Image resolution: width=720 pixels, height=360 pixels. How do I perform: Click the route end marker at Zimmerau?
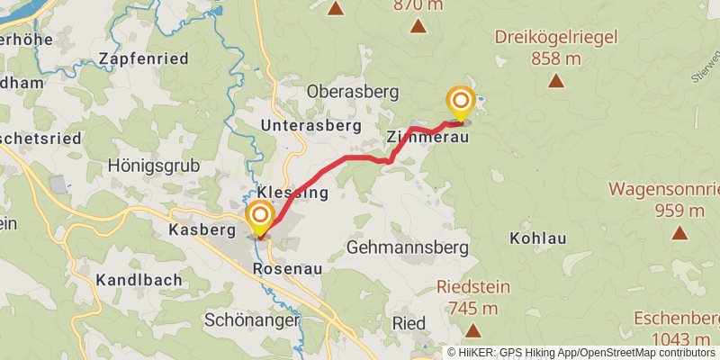(461, 102)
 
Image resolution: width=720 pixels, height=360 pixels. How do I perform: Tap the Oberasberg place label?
(346, 91)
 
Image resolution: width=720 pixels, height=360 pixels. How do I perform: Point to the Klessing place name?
(292, 193)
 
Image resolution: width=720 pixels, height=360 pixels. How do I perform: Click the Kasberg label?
(201, 231)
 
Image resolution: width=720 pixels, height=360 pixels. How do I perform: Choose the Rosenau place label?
(288, 269)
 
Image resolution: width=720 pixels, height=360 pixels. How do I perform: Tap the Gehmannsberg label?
(408, 247)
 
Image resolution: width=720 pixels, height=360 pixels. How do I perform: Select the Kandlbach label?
(143, 279)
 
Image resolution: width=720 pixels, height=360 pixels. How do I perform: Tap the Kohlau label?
(537, 239)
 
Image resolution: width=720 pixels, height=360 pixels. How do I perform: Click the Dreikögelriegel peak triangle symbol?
(556, 82)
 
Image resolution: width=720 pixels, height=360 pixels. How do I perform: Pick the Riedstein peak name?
(472, 287)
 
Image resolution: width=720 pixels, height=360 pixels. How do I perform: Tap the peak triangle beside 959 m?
(679, 233)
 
